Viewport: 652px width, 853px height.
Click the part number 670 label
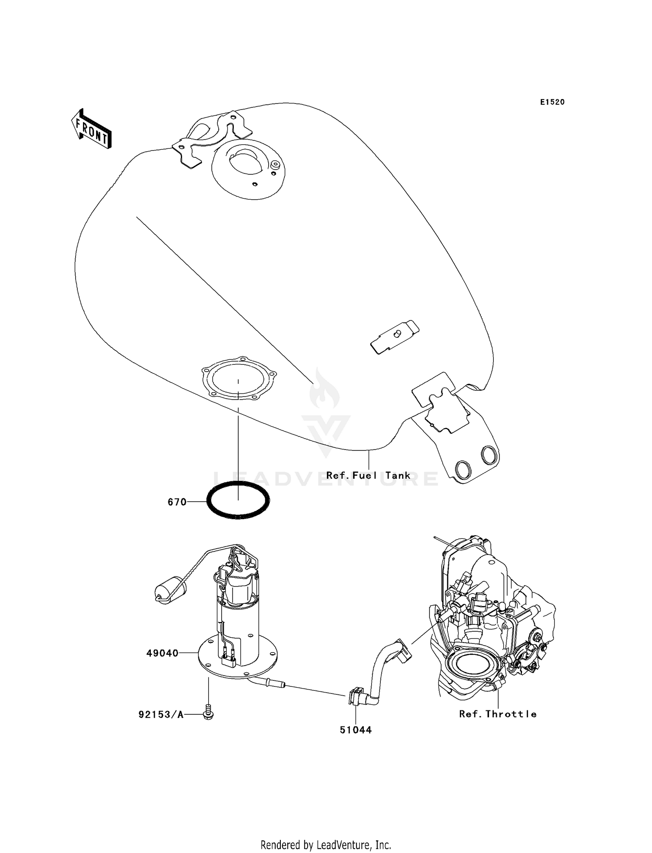click(x=177, y=502)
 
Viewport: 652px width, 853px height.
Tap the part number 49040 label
click(x=162, y=653)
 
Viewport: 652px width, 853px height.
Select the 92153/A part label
click(x=161, y=714)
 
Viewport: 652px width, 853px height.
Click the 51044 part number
click(x=356, y=730)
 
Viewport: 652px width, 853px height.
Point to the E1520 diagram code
click(x=552, y=102)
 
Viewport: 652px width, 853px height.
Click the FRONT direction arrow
click(x=92, y=130)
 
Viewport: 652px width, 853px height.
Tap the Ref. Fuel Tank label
click(x=368, y=476)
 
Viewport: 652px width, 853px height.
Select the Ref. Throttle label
click(x=498, y=714)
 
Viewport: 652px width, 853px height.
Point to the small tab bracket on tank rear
click(x=395, y=337)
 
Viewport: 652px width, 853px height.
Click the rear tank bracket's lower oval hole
click(x=463, y=469)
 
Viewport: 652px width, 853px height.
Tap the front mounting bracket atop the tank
click(x=213, y=138)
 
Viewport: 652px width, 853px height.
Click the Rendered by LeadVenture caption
click(x=326, y=845)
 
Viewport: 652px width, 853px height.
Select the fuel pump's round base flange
click(x=261, y=663)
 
